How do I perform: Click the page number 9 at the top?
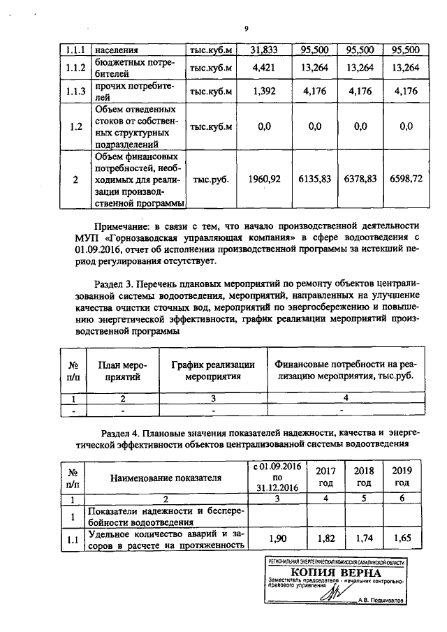[x=247, y=29]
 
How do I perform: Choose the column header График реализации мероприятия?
[x=213, y=370]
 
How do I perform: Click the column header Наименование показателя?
[x=166, y=478]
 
